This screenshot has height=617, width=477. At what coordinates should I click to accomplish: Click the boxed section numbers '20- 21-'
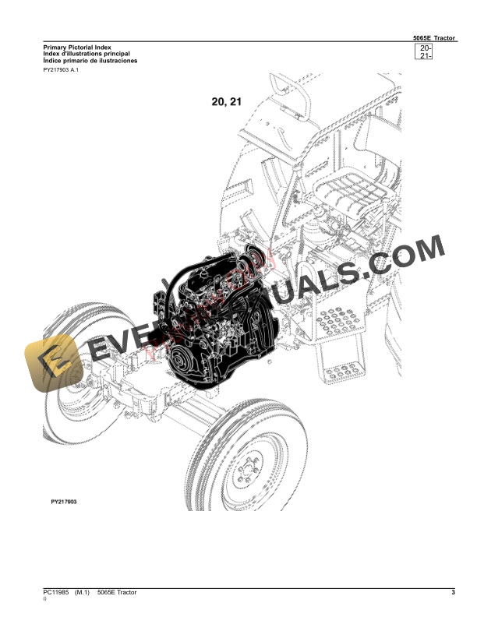[x=425, y=53]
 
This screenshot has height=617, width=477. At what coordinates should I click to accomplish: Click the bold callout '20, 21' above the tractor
[x=227, y=101]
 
